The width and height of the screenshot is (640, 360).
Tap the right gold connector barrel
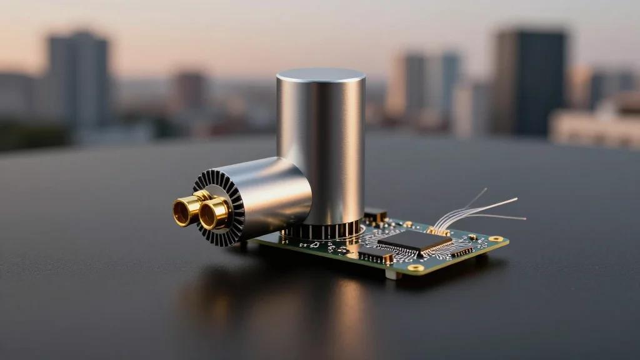pos(214,213)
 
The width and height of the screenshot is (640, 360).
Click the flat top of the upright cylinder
pos(321,75)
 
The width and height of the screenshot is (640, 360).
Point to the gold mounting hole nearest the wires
pos(496,238)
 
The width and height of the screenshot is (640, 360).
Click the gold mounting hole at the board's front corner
pos(415,267)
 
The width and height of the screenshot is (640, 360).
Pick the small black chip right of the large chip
pos(462,251)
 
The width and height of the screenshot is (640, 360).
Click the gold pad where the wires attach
pos(439,231)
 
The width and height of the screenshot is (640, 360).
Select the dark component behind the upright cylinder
pos(375,216)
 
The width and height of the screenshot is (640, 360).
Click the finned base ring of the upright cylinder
pos(322,230)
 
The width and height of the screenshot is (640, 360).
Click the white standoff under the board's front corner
pos(392,274)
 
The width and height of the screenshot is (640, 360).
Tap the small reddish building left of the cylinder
pos(189,91)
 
